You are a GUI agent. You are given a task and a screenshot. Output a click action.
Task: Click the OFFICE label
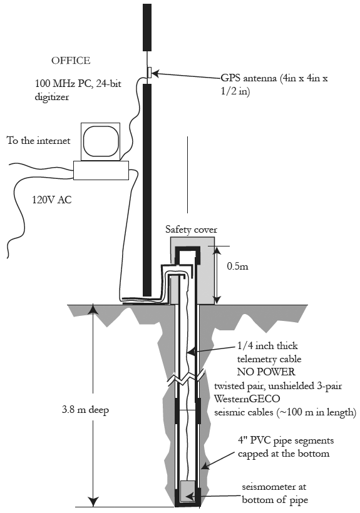coord(71,61)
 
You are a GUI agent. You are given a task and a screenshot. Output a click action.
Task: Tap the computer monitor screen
coord(100,141)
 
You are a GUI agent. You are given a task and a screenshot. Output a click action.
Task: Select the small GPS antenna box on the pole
coord(149,73)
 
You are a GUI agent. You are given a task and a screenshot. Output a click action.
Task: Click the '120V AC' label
coord(52,200)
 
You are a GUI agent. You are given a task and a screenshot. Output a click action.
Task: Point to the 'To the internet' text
coord(39,141)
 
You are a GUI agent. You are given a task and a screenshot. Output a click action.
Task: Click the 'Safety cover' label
coord(191,230)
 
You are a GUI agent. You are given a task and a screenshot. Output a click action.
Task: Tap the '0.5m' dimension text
coord(238,267)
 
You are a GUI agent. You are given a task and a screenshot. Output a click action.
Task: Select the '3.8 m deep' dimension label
coord(85,410)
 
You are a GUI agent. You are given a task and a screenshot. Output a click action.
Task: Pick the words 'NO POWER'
coord(265,372)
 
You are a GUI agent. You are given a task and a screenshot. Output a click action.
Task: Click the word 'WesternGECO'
coord(247,399)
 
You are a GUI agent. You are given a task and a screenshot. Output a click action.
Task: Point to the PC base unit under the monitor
coord(101,170)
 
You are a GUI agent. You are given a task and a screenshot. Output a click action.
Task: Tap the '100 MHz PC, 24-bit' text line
coord(78,84)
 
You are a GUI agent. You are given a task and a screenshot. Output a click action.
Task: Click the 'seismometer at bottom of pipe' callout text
coord(274,494)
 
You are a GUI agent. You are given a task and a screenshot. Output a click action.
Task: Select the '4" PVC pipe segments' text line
coord(285,440)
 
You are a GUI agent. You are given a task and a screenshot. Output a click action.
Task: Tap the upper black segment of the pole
coord(147,28)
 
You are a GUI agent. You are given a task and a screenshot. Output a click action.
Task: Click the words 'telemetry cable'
coord(269,359)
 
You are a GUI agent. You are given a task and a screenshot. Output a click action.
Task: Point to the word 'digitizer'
coord(52,97)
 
